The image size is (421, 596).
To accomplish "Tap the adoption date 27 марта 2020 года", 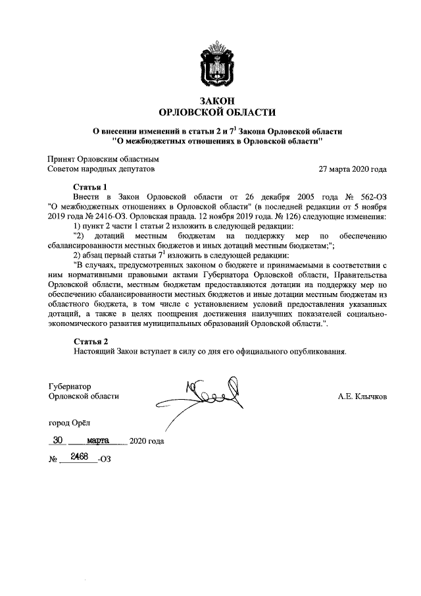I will coord(352,169).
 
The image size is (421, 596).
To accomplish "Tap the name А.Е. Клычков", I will coord(362,396).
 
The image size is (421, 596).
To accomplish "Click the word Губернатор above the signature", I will coord(69,386).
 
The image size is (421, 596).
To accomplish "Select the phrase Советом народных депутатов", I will coord(101,169).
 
